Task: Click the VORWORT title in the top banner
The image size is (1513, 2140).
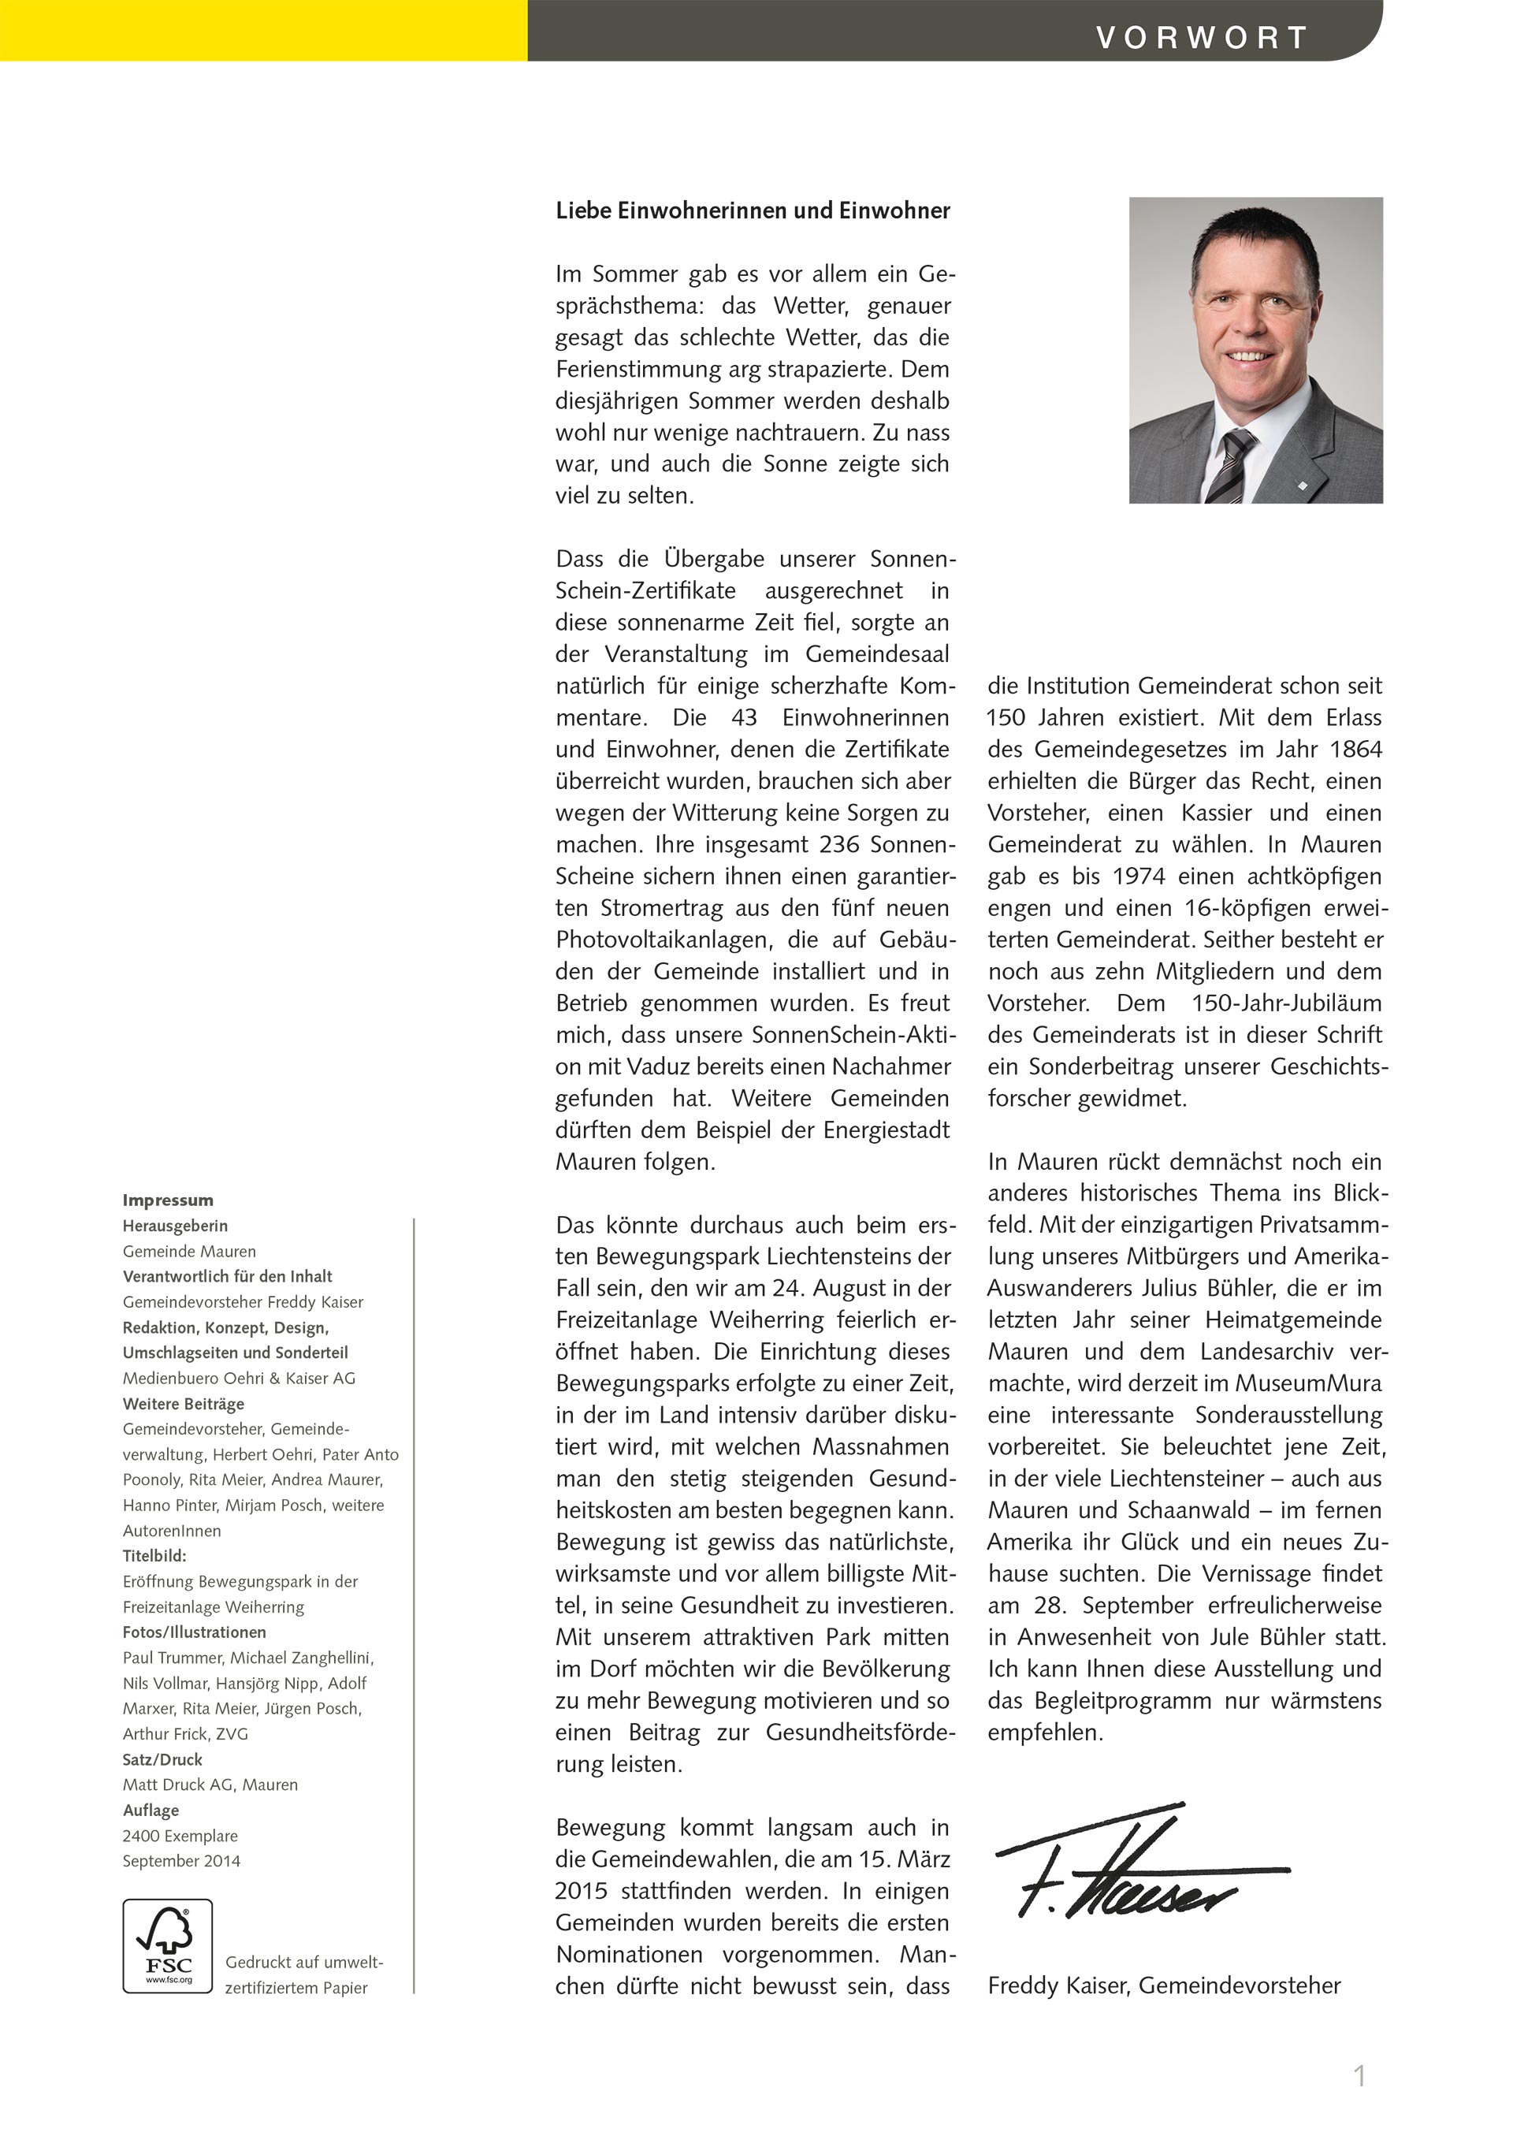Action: click(x=1201, y=38)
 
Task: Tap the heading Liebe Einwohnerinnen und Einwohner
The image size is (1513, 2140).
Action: click(x=753, y=210)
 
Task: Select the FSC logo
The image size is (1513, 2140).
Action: click(x=168, y=1946)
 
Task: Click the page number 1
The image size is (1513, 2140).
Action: click(x=1359, y=2075)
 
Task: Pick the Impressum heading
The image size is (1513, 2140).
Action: click(x=168, y=1200)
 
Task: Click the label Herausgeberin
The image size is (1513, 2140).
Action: click(x=175, y=1226)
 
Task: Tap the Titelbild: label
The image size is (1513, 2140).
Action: click(x=154, y=1556)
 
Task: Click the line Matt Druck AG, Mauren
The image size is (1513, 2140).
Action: click(x=210, y=1784)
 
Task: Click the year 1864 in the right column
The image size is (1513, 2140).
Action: click(x=1355, y=750)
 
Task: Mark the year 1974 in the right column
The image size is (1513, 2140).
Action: click(x=1139, y=876)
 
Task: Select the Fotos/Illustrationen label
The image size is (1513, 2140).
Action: click(x=195, y=1632)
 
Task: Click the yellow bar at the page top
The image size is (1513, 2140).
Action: click(x=264, y=30)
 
